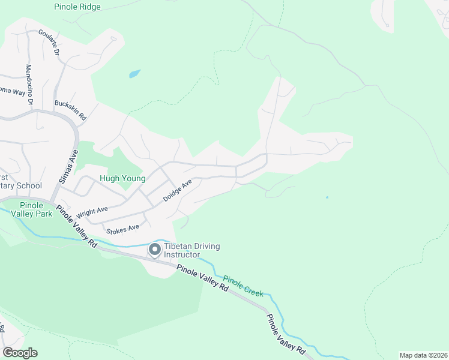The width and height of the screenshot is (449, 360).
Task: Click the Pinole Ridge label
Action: (x=77, y=7)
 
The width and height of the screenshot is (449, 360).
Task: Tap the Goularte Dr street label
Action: (x=49, y=42)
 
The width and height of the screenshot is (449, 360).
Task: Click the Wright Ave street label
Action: (x=92, y=212)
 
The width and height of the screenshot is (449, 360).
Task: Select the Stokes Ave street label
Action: (x=122, y=228)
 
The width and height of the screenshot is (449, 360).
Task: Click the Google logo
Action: (x=20, y=353)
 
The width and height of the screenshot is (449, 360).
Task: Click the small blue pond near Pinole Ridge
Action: (x=134, y=74)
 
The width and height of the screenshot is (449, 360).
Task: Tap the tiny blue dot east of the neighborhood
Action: (x=327, y=197)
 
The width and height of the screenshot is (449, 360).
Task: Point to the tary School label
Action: (x=21, y=185)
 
